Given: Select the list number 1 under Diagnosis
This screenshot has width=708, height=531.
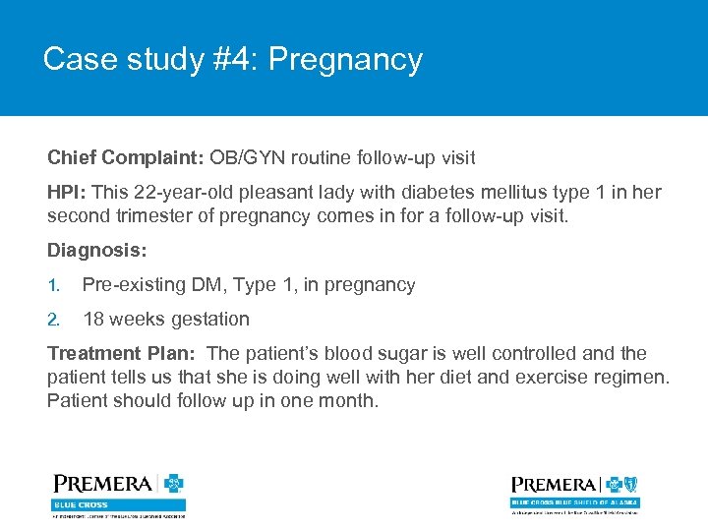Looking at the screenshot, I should tap(54, 285).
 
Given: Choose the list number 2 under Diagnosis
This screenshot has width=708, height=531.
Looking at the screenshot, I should tap(54, 320).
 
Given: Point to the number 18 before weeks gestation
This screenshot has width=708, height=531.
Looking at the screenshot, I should tap(93, 320).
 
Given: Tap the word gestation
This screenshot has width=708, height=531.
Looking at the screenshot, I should tap(208, 320).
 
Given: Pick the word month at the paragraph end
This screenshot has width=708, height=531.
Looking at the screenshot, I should tap(349, 401).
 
